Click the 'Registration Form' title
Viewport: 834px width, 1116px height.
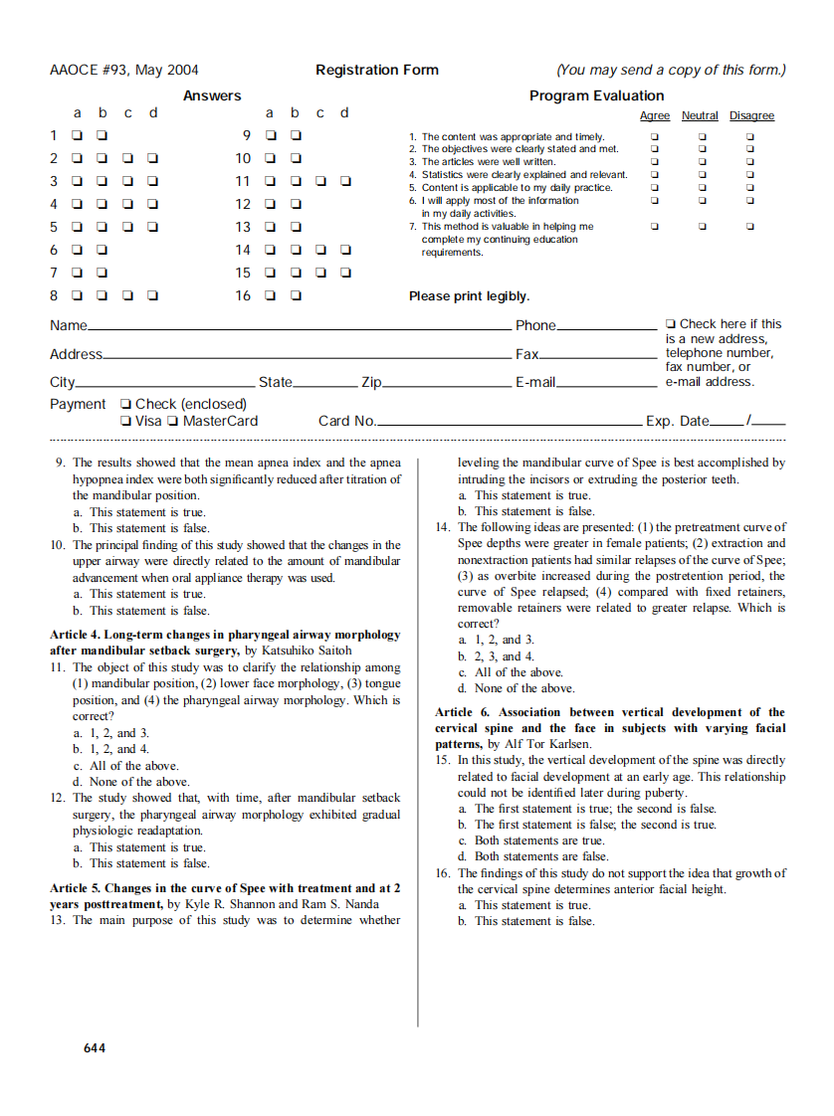click(376, 70)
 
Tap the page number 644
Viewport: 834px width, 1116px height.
click(95, 1047)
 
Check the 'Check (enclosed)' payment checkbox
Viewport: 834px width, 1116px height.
click(125, 404)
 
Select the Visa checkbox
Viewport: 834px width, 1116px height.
click(125, 421)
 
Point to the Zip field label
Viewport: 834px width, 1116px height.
click(371, 382)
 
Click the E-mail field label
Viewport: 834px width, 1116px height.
click(534, 382)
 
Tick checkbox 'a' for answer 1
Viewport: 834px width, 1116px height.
click(76, 135)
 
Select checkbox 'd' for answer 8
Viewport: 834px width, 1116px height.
click(152, 295)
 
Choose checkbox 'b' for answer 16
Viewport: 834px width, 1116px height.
click(296, 295)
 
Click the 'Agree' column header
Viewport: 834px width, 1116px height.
click(654, 116)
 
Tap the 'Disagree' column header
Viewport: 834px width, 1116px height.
click(751, 116)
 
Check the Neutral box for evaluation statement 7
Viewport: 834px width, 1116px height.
click(702, 227)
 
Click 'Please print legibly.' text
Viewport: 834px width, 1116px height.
click(469, 296)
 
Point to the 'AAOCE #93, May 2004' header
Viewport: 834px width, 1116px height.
click(123, 70)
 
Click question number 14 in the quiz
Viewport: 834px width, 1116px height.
click(443, 527)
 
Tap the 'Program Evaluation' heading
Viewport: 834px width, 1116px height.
click(596, 95)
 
